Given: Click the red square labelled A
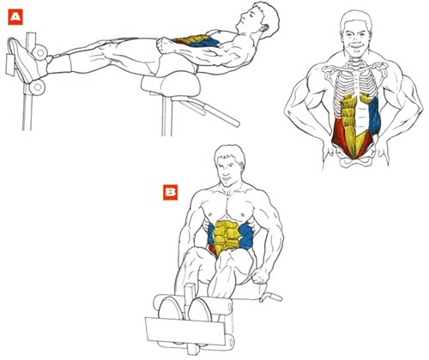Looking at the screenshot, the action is pyautogui.click(x=15, y=17).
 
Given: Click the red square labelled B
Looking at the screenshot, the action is pyautogui.click(x=171, y=193).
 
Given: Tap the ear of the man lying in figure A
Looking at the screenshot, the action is pyautogui.click(x=264, y=28).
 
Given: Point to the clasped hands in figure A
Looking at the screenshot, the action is pyautogui.click(x=165, y=45).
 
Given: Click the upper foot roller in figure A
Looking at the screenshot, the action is pyautogui.click(x=39, y=52).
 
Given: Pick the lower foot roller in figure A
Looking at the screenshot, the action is pyautogui.click(x=37, y=87).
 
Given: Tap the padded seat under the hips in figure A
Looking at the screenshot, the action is pyautogui.click(x=170, y=84).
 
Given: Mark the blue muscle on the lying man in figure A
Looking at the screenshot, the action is pyautogui.click(x=205, y=43).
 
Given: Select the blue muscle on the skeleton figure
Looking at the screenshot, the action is pyautogui.click(x=374, y=116).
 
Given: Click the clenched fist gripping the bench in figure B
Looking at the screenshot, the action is pyautogui.click(x=260, y=275).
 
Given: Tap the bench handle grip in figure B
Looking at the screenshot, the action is pyautogui.click(x=272, y=297).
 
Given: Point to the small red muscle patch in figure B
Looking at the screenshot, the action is pyautogui.click(x=212, y=249).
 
